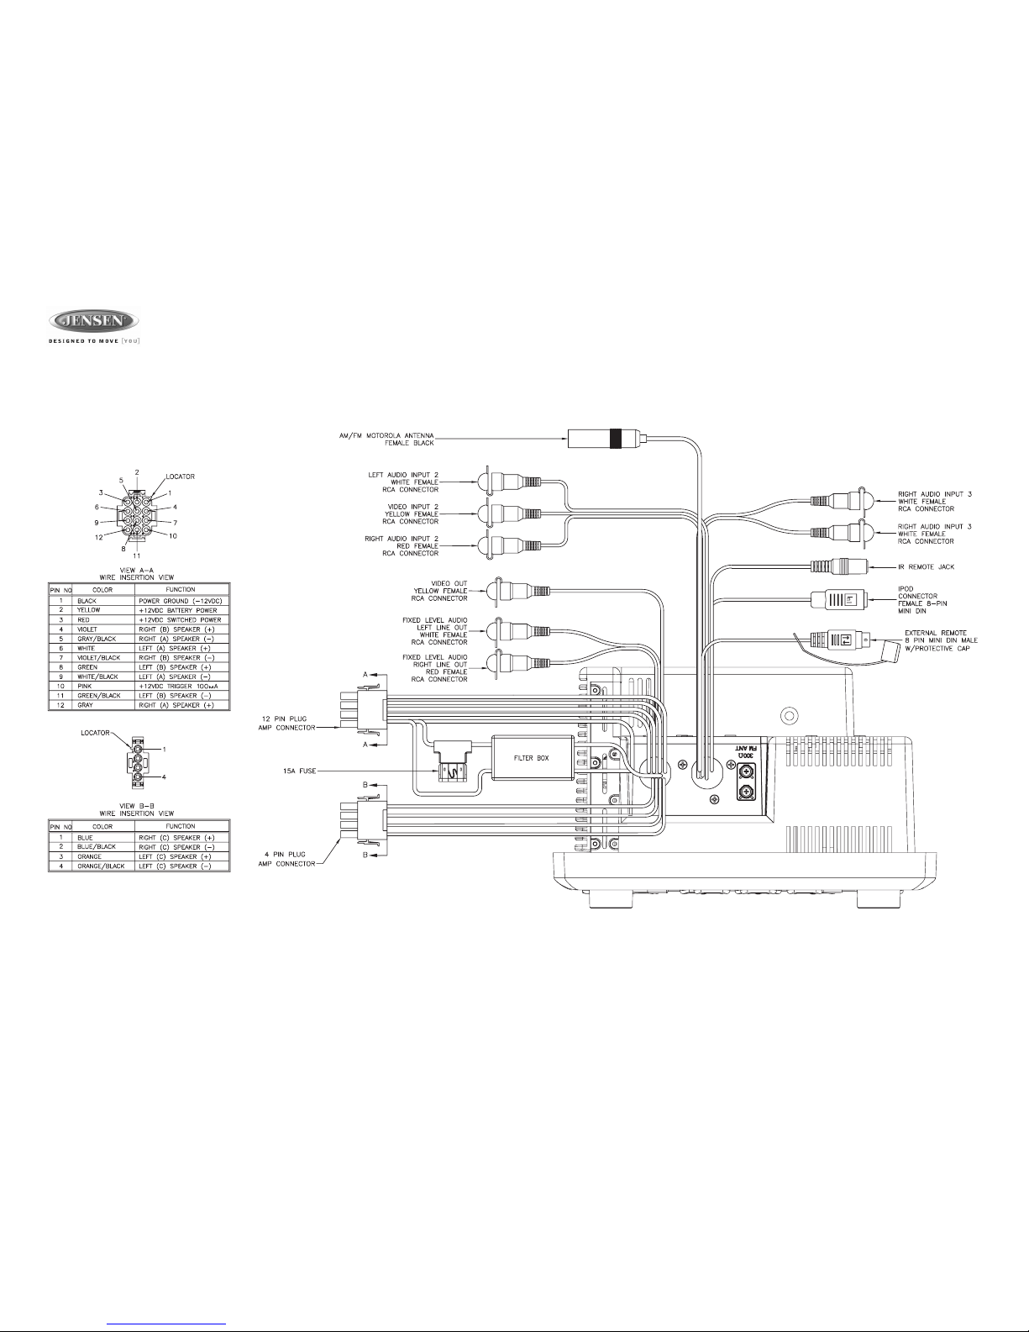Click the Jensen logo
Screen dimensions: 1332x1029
click(93, 320)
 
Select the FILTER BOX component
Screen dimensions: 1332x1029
click(531, 758)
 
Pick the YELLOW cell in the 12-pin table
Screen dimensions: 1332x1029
click(89, 611)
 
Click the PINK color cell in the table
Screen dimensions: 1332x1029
click(86, 684)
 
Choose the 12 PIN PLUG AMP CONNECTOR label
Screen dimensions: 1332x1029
click(283, 723)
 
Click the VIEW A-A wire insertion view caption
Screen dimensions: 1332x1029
click(137, 573)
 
